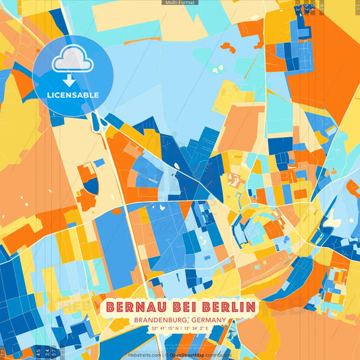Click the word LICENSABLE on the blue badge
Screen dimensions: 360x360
[72, 95]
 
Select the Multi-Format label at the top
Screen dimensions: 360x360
[179, 3]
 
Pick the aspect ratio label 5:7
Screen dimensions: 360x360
[54, 352]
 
